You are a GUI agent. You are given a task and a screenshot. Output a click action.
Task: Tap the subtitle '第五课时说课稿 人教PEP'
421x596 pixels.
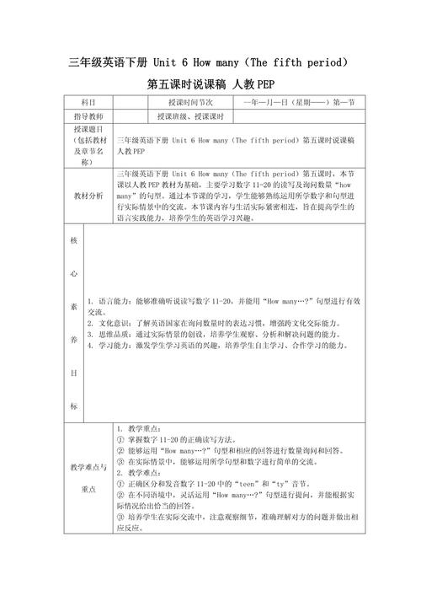pyautogui.click(x=210, y=83)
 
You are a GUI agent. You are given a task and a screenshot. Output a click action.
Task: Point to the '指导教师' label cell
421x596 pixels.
pyautogui.click(x=88, y=115)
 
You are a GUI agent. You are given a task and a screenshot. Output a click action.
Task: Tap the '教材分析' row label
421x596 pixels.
pyautogui.click(x=88, y=195)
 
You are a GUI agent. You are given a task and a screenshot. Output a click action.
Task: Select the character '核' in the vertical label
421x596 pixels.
pyautogui.click(x=73, y=239)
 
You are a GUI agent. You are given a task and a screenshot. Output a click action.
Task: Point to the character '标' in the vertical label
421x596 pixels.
pyautogui.click(x=73, y=405)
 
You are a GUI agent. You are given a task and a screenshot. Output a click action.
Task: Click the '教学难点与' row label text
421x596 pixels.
pyautogui.click(x=88, y=466)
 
